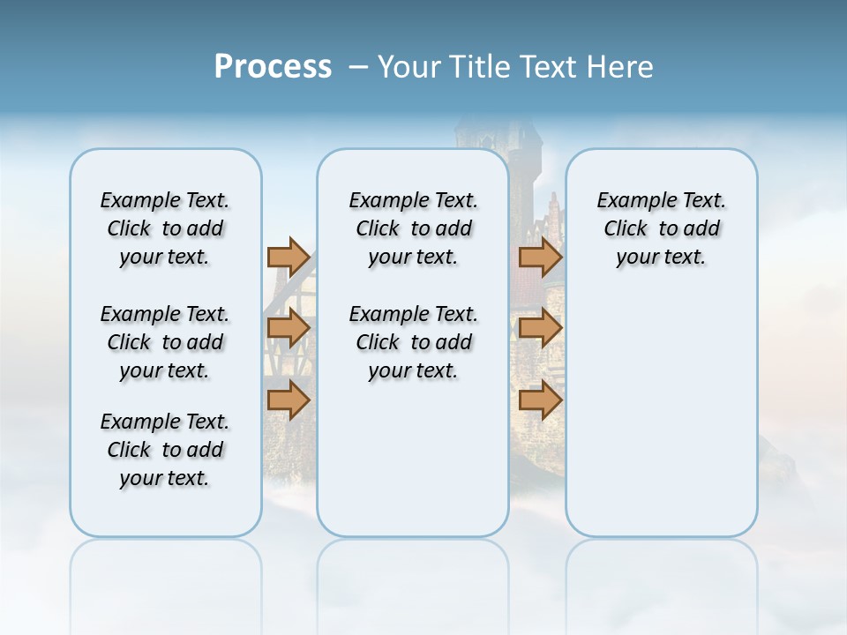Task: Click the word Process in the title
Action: [273, 67]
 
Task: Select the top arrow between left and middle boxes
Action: [289, 258]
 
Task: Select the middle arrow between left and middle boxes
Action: [289, 329]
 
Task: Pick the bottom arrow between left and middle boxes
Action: [289, 400]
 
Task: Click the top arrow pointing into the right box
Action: [540, 258]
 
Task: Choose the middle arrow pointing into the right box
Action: [540, 329]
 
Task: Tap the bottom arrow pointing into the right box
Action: [540, 400]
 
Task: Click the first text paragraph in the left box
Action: [165, 228]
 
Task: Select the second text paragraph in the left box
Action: [165, 342]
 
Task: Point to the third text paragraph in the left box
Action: [165, 450]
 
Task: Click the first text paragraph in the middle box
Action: [413, 228]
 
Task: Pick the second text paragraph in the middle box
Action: [413, 342]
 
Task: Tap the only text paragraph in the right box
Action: [661, 228]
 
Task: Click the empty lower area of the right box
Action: [661, 423]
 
